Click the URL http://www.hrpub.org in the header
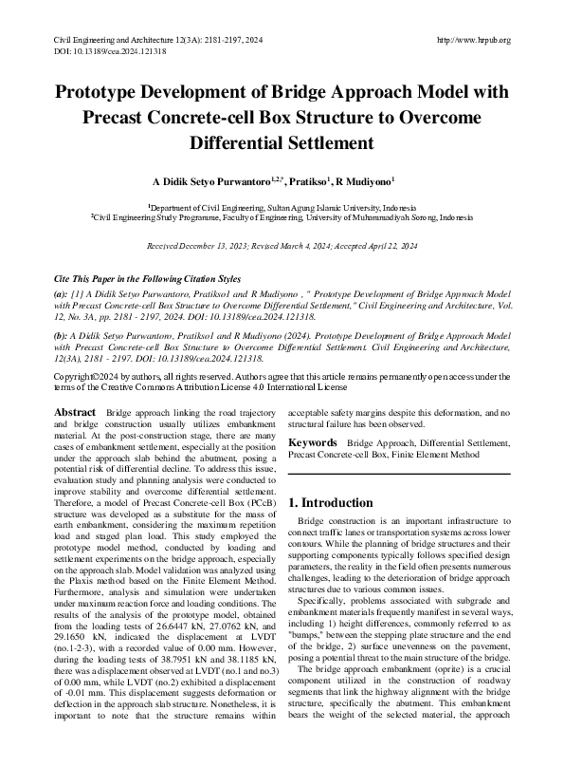pyautogui.click(x=474, y=40)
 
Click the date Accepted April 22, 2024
pyautogui.click(x=370, y=246)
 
